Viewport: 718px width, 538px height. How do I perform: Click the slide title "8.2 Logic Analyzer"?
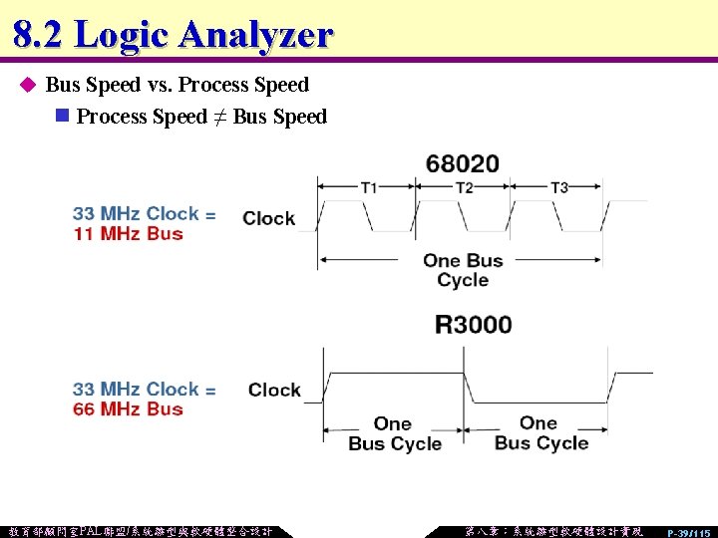click(173, 34)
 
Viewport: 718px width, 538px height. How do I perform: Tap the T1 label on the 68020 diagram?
click(369, 187)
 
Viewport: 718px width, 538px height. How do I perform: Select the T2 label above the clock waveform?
click(464, 187)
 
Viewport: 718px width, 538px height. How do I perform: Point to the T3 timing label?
click(559, 187)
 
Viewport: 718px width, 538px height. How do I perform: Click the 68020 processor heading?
click(462, 163)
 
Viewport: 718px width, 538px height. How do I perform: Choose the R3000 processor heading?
click(473, 325)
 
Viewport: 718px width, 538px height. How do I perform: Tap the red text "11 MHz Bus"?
click(128, 234)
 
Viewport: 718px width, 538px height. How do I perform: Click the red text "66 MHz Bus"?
click(128, 409)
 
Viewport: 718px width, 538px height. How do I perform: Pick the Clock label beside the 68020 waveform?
click(269, 218)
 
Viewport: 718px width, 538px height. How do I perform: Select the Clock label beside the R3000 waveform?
click(274, 390)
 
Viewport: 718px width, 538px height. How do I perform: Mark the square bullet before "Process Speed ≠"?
click(62, 117)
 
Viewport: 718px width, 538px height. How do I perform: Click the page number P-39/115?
click(689, 532)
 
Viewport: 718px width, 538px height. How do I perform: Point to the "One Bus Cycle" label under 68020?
click(463, 270)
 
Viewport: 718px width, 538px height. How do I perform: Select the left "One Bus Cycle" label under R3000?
click(394, 433)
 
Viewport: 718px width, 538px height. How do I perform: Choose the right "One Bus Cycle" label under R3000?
click(540, 433)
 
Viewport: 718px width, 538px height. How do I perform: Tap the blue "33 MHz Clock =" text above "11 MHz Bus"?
click(144, 213)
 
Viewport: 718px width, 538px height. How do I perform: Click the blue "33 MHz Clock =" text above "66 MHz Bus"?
click(144, 389)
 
